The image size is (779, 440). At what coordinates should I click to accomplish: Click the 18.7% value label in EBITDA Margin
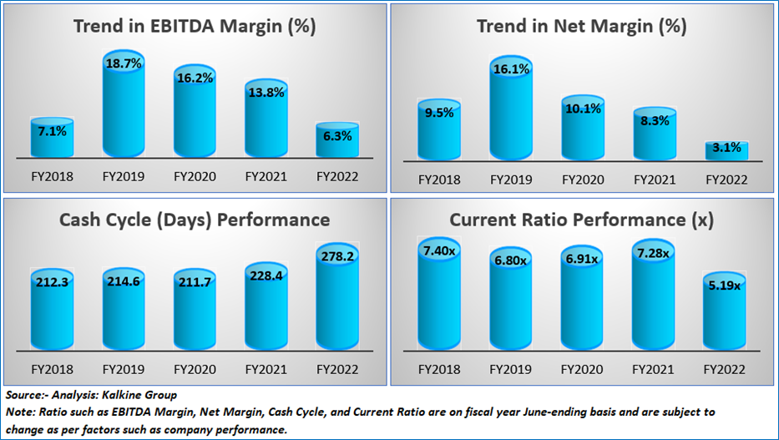click(124, 63)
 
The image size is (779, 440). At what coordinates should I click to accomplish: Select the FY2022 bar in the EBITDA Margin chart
click(337, 139)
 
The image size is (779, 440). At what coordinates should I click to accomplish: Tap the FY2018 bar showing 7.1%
click(52, 138)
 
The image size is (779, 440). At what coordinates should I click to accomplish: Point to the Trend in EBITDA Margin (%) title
click(195, 26)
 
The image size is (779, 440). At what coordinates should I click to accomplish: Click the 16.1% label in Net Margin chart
click(511, 69)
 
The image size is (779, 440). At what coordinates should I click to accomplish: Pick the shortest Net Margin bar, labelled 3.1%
click(727, 150)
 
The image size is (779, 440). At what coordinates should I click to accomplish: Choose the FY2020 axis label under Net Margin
click(583, 180)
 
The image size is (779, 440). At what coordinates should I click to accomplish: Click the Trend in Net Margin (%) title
click(582, 26)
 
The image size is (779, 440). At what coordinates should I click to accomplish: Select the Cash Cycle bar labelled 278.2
click(337, 296)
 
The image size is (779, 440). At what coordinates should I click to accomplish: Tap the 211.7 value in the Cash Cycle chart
click(195, 282)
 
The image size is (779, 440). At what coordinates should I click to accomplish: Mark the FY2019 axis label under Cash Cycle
click(124, 370)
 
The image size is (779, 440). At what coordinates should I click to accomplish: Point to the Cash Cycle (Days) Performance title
click(195, 220)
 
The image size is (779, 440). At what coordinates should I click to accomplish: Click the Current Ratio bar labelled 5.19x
click(725, 311)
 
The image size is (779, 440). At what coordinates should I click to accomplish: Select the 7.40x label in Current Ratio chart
click(439, 251)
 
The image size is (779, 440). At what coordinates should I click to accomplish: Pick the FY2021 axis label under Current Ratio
click(653, 370)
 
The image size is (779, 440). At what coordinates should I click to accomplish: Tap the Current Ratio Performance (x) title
click(582, 220)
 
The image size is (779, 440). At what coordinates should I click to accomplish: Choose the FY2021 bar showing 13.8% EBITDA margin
click(266, 119)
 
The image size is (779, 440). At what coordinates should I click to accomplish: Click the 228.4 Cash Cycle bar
click(266, 306)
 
